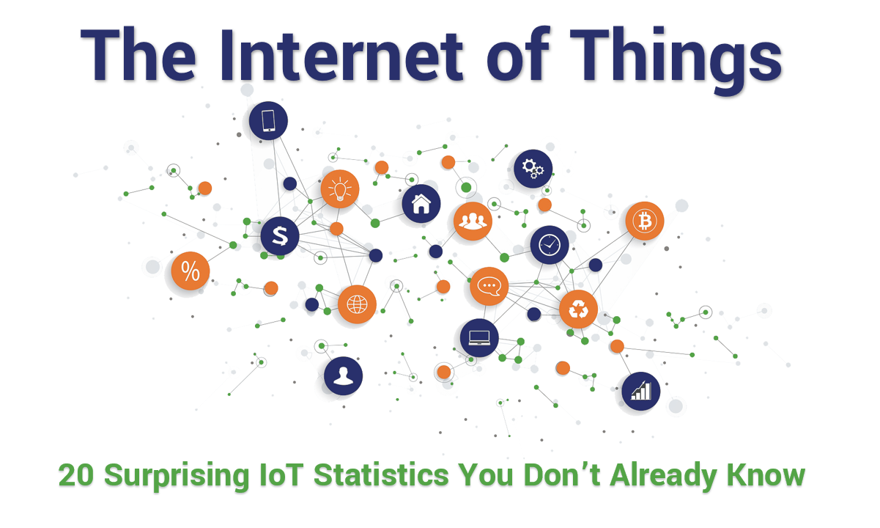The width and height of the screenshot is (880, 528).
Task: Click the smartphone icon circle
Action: tap(268, 121)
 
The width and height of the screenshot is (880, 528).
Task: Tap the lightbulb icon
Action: tap(340, 189)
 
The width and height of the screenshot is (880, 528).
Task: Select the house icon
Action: tap(421, 204)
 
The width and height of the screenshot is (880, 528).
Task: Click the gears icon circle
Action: tap(533, 169)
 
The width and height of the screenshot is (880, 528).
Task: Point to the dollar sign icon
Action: tap(280, 236)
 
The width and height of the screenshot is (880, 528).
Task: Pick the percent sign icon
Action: tap(191, 271)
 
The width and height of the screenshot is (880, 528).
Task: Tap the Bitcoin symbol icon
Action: tap(645, 221)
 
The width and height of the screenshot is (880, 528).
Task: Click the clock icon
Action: tap(550, 244)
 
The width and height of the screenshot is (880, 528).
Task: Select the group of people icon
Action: tap(473, 221)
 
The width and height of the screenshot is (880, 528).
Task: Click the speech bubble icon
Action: tap(489, 286)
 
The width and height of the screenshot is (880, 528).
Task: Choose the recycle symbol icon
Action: tap(578, 309)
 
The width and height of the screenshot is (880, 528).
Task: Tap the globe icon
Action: tap(357, 304)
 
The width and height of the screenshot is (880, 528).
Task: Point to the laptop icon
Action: tap(479, 338)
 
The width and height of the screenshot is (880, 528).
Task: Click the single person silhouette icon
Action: tap(343, 376)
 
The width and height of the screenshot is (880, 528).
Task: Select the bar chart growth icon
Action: tap(640, 391)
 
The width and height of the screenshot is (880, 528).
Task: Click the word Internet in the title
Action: tap(341, 54)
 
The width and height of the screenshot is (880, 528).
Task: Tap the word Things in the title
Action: tap(676, 59)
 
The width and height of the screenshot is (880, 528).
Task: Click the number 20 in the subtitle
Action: tap(76, 475)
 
